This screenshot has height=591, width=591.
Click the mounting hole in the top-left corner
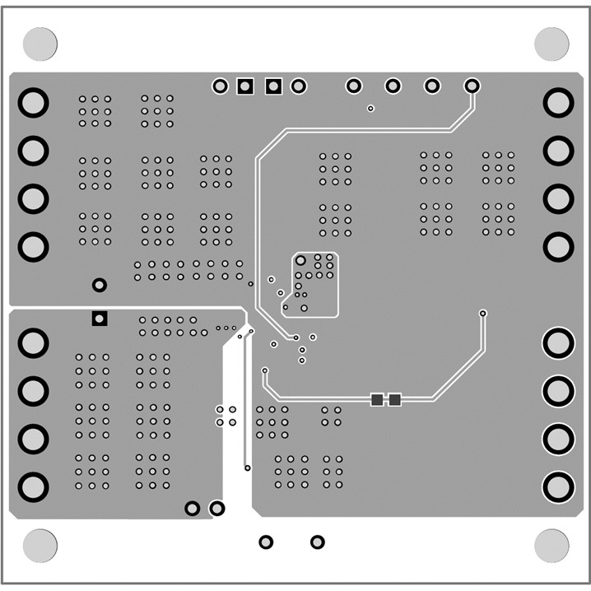tap(40, 43)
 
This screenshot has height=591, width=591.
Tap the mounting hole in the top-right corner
tap(551, 43)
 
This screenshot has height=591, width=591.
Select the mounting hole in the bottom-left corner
tap(40, 545)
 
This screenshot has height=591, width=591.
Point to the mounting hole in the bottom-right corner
tap(551, 545)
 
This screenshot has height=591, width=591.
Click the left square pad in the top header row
tap(244, 86)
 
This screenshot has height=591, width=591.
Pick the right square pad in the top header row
tap(273, 86)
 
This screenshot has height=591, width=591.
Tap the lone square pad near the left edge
tap(100, 318)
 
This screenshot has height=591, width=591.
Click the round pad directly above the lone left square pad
tap(100, 285)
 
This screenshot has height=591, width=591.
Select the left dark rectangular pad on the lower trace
tap(377, 399)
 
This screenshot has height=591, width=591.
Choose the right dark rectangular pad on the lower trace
tap(394, 399)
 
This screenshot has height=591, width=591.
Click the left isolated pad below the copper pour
tap(266, 542)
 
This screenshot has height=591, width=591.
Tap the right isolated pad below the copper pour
tap(317, 542)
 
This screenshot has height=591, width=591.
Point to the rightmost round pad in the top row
tap(472, 86)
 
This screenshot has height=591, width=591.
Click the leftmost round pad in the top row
tap(220, 86)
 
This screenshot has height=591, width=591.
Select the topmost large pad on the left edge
tap(34, 103)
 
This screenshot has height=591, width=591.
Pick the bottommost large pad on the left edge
tap(34, 486)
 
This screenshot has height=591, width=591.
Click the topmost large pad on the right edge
tap(558, 103)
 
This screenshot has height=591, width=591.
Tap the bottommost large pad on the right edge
tap(558, 486)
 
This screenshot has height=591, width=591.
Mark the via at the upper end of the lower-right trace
tap(482, 314)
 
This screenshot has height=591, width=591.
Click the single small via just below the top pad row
tap(370, 109)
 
